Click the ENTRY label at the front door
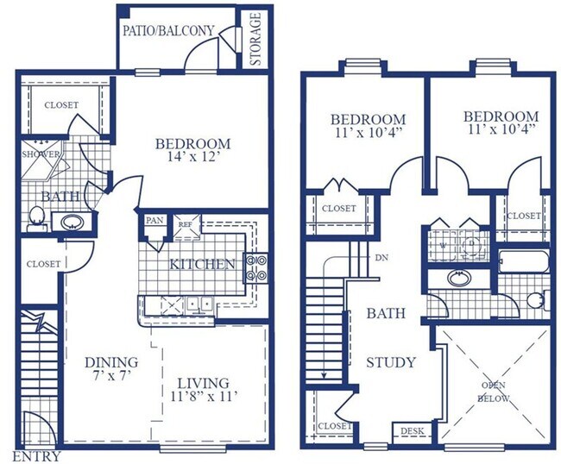pos(37,456)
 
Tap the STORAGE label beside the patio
pos(255,39)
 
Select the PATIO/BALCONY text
pos(168,31)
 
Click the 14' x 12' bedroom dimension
pos(192,157)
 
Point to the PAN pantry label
pos(154,220)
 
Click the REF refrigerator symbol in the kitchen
pos(186,226)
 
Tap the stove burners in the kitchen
pos(255,267)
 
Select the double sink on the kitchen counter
pos(199,305)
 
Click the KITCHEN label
pos(202,264)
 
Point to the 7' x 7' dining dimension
pos(111,375)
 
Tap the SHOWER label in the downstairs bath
pos(41,154)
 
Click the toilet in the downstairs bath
pos(37,218)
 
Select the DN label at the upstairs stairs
pos(381,257)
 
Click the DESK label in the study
pos(412,430)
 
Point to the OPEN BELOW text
pos(494,392)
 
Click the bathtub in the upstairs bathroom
pos(523,261)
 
